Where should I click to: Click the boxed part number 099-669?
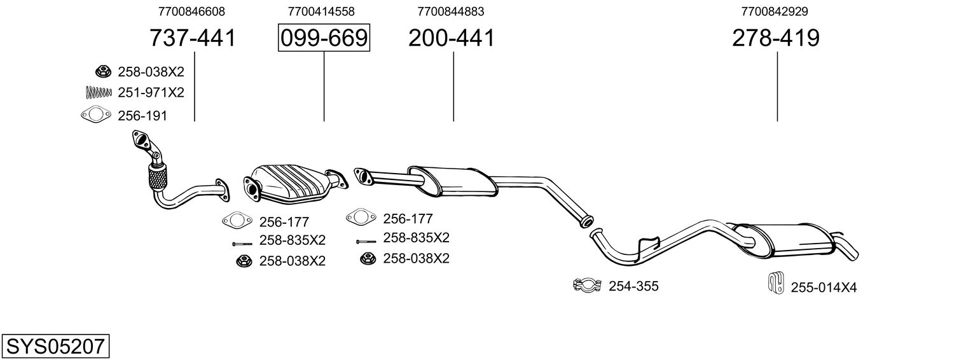(324, 39)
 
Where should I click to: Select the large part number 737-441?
(192, 39)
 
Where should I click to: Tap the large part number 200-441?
(451, 39)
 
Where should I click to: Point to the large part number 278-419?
(775, 39)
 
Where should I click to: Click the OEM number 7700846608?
(191, 11)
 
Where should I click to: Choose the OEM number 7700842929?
(775, 11)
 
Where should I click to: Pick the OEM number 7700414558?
(321, 11)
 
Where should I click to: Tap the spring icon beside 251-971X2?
(98, 92)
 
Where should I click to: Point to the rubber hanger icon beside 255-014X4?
(774, 284)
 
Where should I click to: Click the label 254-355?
(633, 286)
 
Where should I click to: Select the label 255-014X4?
(824, 287)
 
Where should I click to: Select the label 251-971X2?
(151, 92)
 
